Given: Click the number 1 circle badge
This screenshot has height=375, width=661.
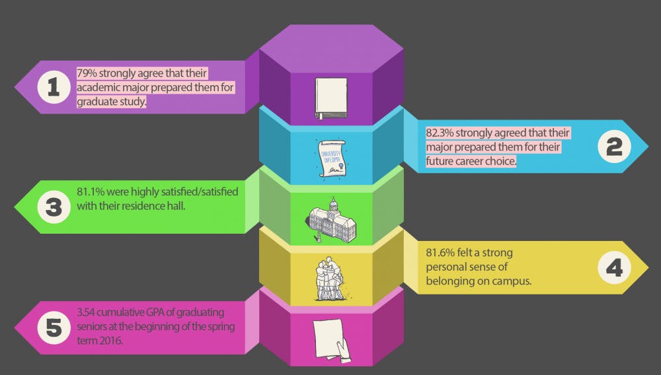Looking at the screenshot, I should [x=53, y=88].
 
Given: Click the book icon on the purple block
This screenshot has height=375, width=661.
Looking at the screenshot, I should [x=330, y=98].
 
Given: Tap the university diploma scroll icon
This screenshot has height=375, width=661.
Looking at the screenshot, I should [x=330, y=157].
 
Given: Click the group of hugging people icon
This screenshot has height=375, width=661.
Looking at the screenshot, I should [x=329, y=277].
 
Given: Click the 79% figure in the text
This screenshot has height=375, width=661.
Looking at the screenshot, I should [x=87, y=73].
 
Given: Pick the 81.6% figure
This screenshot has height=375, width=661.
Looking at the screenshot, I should [x=441, y=253].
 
